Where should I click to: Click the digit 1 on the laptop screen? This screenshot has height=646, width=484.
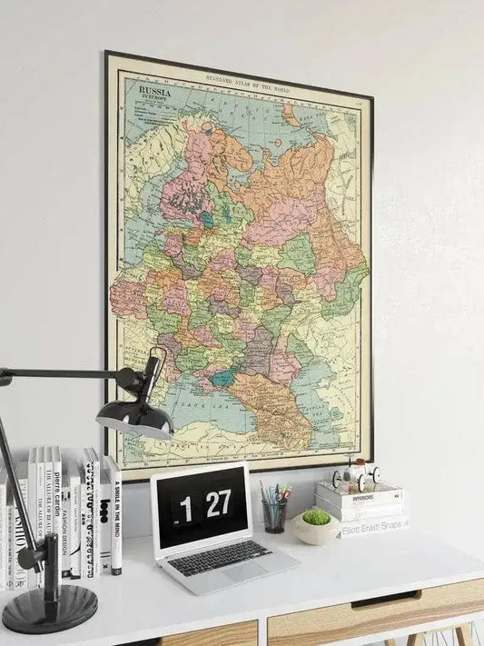(185, 510)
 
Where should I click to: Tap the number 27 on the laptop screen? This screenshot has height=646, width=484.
(218, 503)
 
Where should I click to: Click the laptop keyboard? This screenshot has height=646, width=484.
(218, 556)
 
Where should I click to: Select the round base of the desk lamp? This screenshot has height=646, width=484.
(50, 607)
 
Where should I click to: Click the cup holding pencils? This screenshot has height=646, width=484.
(273, 516)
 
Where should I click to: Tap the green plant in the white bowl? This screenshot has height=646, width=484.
(316, 517)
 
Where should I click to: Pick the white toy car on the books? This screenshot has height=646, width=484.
(355, 475)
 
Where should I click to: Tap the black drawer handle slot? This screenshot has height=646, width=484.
(386, 599)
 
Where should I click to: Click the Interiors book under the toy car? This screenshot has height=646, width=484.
(360, 497)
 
